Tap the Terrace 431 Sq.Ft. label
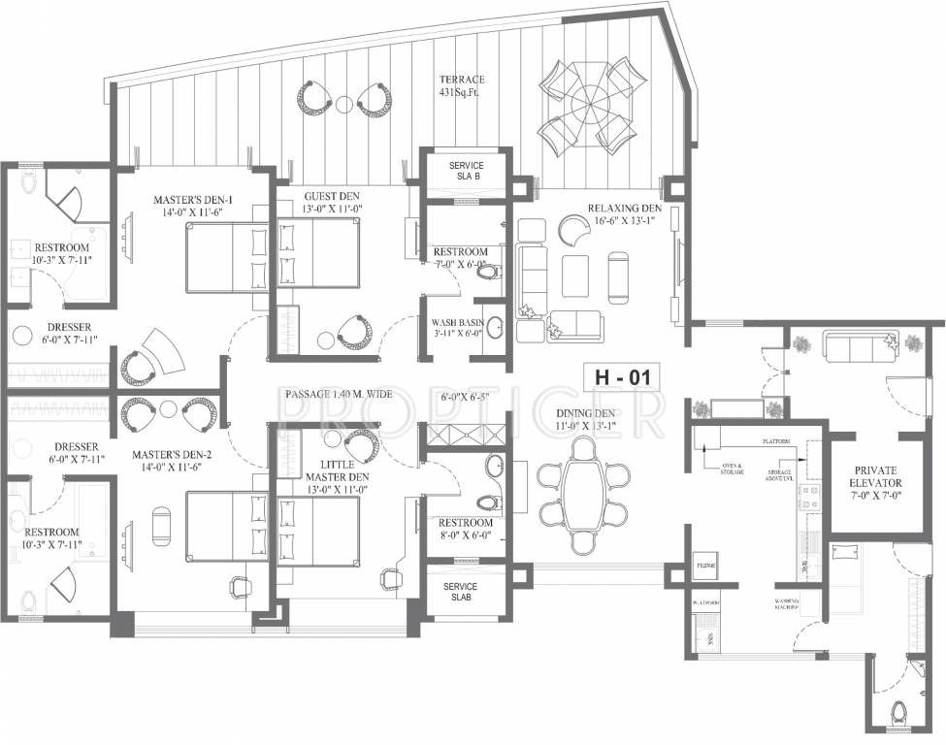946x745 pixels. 461,86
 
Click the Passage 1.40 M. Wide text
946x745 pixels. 338,394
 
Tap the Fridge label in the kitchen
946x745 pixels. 705,564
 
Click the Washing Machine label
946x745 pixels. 787,604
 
